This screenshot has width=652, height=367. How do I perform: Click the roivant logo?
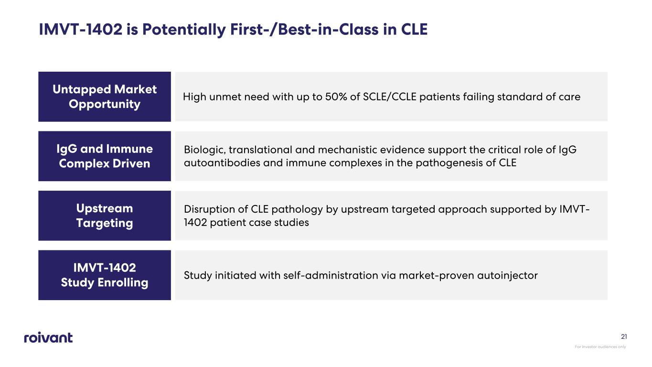[48, 337]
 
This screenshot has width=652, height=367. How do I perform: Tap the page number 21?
[624, 337]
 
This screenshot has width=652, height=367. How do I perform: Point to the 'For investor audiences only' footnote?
[600, 346]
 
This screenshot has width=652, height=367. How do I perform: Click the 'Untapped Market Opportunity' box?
[105, 97]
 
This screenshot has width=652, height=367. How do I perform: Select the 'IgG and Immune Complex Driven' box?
[105, 156]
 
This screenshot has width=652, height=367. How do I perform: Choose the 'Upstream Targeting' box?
[105, 216]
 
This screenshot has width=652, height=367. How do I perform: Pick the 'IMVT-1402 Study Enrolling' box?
[105, 275]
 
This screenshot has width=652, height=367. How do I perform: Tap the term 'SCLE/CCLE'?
[390, 97]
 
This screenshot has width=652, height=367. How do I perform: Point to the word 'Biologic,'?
[205, 150]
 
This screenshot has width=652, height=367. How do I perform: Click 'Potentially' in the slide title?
[184, 30]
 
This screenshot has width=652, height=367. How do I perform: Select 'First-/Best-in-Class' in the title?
[304, 30]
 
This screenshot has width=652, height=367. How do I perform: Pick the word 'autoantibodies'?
[222, 163]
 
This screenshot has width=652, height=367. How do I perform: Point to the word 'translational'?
[260, 150]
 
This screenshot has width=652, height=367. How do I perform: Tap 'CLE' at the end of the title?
[414, 30]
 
